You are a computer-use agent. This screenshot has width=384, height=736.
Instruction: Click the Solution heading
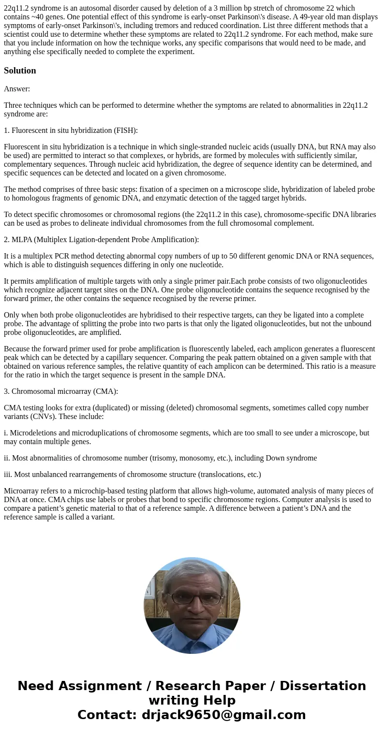[20, 71]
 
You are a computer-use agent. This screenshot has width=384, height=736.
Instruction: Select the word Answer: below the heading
[17, 89]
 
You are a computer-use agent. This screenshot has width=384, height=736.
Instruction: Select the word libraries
[362, 215]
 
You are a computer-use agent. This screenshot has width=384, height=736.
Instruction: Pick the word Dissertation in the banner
[323, 686]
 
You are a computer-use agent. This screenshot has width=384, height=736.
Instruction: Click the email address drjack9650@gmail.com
[223, 715]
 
